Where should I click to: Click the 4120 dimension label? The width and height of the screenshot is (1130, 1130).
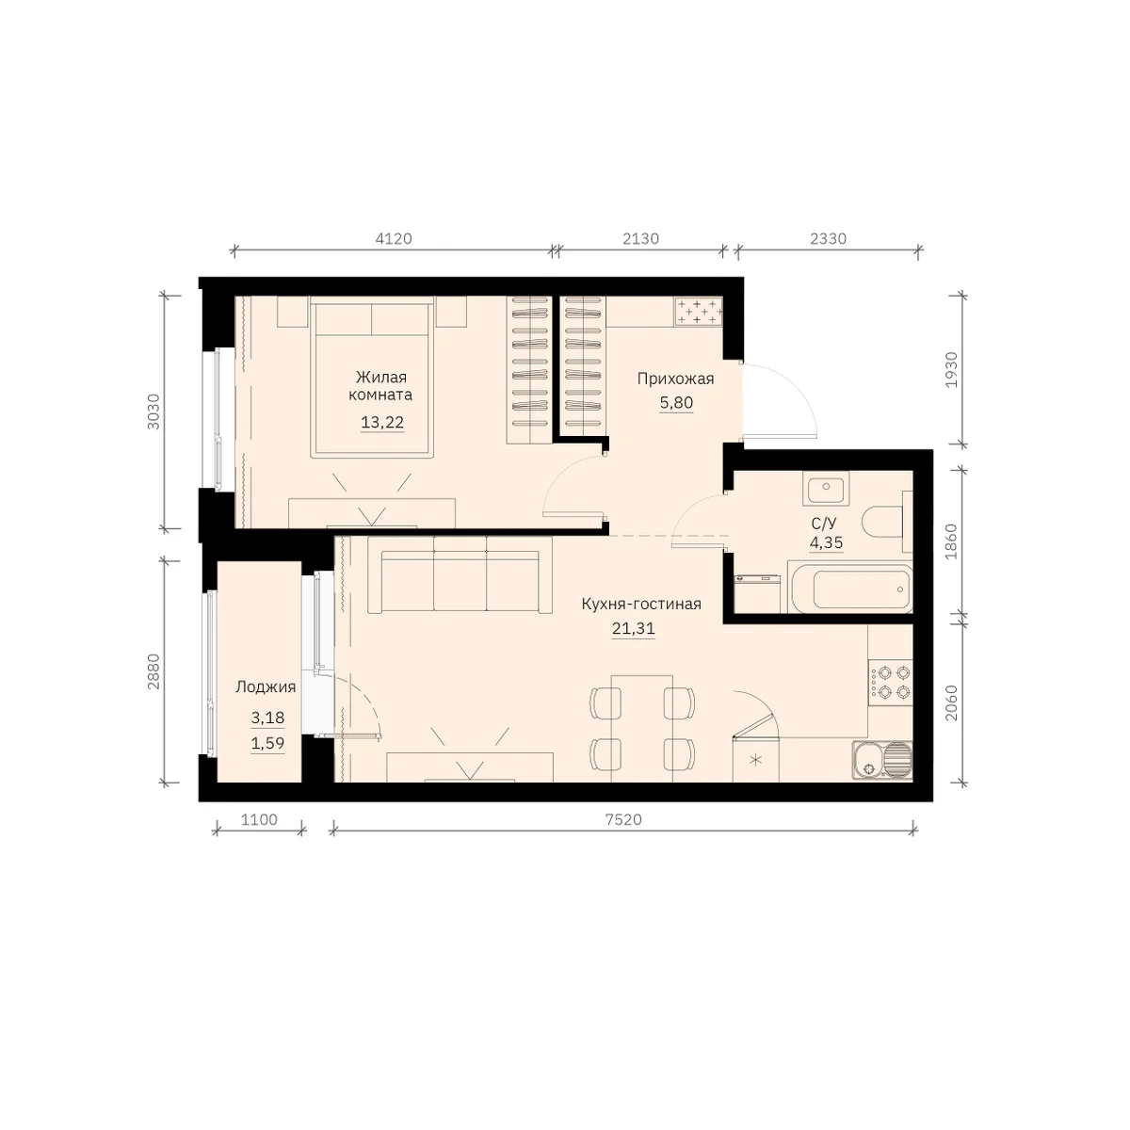394,238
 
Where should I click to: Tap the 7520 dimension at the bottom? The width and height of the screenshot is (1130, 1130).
623,820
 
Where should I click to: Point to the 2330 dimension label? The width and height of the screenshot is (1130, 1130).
828,238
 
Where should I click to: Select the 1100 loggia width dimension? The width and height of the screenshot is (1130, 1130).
259,820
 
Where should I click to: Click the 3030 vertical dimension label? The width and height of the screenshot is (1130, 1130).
153,412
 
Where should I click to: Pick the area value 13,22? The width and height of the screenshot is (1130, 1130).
382,422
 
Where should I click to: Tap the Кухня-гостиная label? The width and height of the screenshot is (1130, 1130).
641,604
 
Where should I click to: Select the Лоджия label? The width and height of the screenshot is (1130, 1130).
266,687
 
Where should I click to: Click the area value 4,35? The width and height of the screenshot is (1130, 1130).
826,542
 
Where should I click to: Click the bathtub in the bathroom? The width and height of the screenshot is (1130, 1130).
851,589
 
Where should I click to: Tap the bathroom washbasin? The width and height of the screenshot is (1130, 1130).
826,489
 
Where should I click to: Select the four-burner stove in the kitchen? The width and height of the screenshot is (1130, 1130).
891,683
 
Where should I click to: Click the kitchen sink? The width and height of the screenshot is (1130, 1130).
882,760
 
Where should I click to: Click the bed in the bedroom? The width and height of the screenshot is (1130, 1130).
372,376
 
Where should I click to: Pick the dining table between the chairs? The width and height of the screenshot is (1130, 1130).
641,728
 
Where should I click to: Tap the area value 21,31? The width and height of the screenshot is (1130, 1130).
634,628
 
